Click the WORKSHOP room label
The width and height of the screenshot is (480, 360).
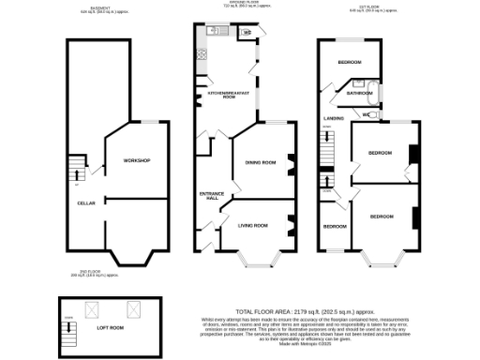tap(137, 161)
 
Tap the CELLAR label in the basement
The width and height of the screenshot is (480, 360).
tap(86, 202)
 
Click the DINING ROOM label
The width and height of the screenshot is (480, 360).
tap(260, 162)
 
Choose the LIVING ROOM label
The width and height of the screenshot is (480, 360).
tap(253, 225)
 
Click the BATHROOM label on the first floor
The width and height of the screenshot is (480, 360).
tap(360, 94)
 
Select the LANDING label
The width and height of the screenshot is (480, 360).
tap(334, 119)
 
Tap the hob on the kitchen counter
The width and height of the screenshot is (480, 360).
tap(200, 54)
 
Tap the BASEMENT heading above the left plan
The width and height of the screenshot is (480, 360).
tap(90, 9)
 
